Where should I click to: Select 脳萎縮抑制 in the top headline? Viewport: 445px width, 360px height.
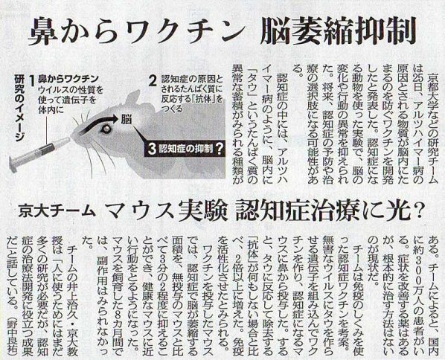(x=338, y=31)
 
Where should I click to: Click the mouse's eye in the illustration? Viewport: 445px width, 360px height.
(x=106, y=129)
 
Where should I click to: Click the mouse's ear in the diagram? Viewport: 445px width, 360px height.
(x=134, y=99)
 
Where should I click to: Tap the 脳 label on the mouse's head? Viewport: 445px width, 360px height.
(x=126, y=119)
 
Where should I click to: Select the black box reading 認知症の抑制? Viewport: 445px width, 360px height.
(x=185, y=149)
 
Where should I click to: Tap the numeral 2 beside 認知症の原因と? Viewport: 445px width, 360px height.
(x=153, y=81)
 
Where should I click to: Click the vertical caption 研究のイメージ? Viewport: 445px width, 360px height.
(x=19, y=109)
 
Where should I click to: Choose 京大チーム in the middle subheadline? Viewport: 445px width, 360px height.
(x=56, y=211)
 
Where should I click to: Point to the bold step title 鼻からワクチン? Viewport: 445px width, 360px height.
(x=68, y=79)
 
